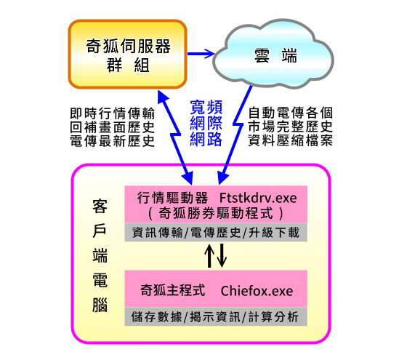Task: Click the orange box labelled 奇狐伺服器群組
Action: [x=127, y=55]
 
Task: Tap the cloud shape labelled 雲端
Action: [x=273, y=54]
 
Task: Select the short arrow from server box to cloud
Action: [x=201, y=54]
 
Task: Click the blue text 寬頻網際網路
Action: [x=206, y=123]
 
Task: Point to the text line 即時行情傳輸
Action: [x=112, y=113]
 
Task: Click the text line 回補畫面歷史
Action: [x=112, y=127]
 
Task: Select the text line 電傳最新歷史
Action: [x=112, y=141]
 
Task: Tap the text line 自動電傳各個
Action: [x=290, y=113]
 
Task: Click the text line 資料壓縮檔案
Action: [x=290, y=140]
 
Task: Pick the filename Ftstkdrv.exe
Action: [x=258, y=198]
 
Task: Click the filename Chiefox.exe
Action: [x=257, y=291]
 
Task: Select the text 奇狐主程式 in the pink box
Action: [x=173, y=290]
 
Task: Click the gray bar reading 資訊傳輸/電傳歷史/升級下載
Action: [x=216, y=232]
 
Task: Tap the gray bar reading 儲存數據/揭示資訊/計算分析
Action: [x=216, y=316]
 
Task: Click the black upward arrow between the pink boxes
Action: [x=209, y=255]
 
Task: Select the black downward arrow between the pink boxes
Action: [x=222, y=255]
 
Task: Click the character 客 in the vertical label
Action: [x=100, y=207]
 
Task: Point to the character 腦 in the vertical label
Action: [x=100, y=305]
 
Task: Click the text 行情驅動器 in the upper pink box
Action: [x=172, y=198]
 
